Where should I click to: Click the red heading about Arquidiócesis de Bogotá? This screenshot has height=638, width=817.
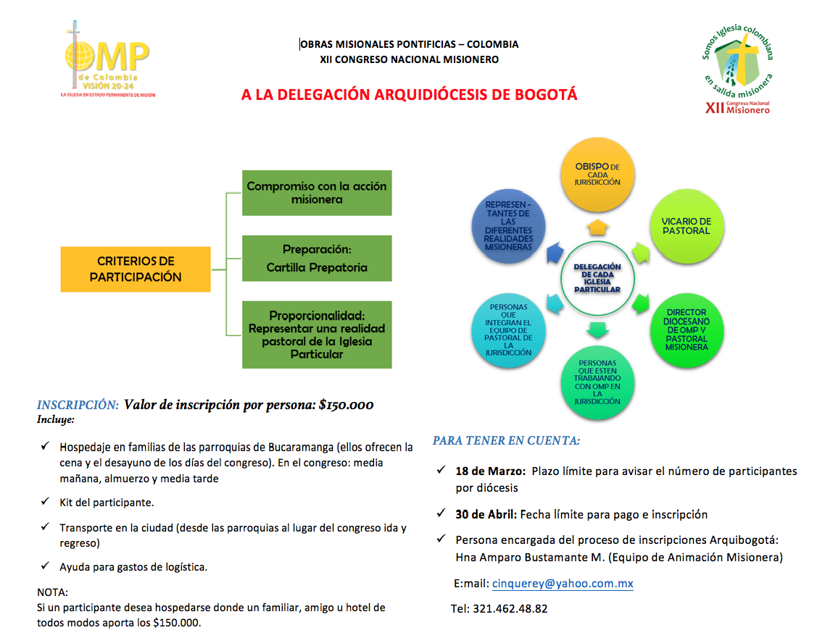pos(409,95)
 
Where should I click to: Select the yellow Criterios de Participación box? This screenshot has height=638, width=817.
pos(136,269)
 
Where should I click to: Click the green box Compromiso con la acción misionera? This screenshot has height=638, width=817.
pos(317,193)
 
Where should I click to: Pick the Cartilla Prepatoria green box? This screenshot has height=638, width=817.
pos(317,259)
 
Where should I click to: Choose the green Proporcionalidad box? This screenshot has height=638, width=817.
pos(317,335)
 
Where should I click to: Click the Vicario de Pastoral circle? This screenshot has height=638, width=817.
pos(686,226)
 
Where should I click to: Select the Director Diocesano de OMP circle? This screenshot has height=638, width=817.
pos(686,330)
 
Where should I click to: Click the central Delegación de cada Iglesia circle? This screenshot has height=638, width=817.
pos(597,278)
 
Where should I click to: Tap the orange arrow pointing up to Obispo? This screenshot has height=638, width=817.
pos(597,227)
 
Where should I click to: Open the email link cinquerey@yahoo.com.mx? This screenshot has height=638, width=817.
pos(563,583)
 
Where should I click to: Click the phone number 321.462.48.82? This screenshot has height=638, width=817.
pos(510,608)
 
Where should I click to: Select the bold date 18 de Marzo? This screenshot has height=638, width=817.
pos(490,471)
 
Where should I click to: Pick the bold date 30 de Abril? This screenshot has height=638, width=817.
pos(486,514)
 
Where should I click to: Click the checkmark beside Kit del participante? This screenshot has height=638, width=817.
pos(45,502)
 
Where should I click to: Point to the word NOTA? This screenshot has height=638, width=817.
pos(51,592)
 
